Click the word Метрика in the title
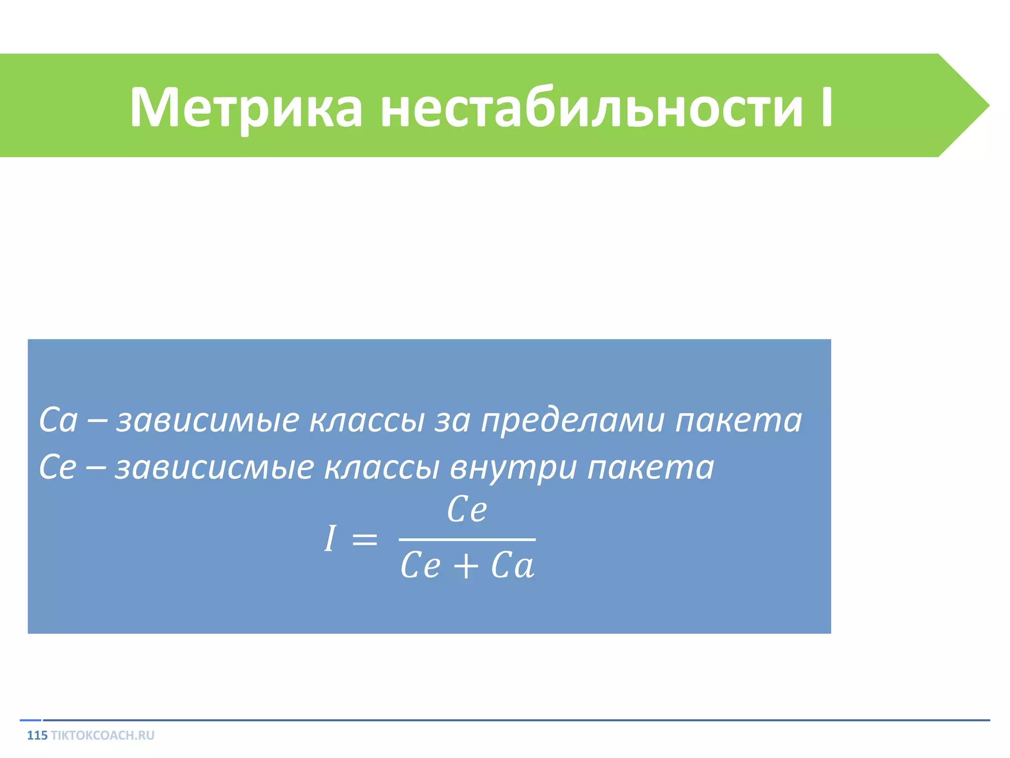click(x=246, y=108)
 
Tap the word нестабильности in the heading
click(x=591, y=108)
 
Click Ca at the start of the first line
click(x=58, y=420)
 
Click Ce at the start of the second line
click(x=58, y=467)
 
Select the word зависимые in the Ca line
click(x=208, y=420)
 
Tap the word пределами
click(x=573, y=420)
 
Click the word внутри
click(x=513, y=467)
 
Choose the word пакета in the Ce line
click(x=650, y=467)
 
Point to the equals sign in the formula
click(x=364, y=539)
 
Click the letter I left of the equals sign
click(x=330, y=538)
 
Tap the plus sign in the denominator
click(x=466, y=566)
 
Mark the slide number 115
click(x=37, y=735)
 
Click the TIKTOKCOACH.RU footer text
click(x=103, y=735)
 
